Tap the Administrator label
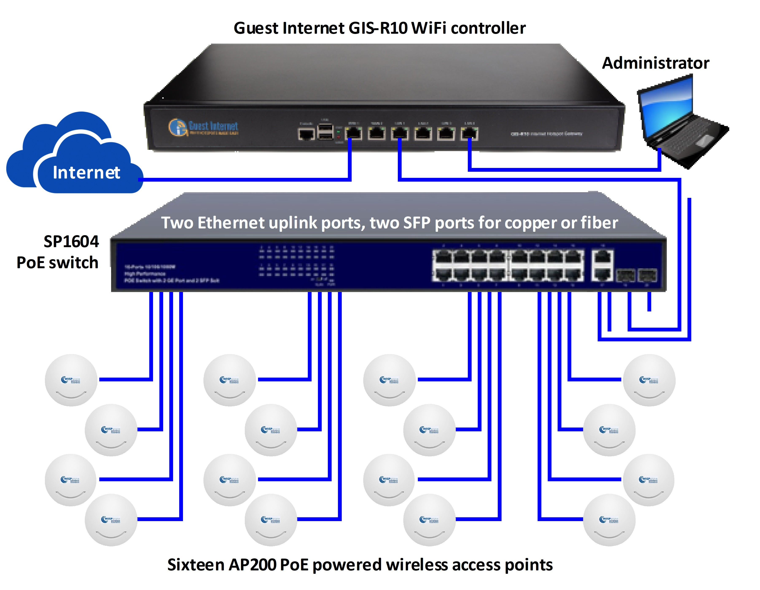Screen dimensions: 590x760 point(655,63)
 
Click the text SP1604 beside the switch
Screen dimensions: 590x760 point(71,241)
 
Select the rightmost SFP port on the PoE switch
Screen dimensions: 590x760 point(647,276)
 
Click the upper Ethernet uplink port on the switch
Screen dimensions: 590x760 point(602,258)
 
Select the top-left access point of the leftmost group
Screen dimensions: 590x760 point(71,380)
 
